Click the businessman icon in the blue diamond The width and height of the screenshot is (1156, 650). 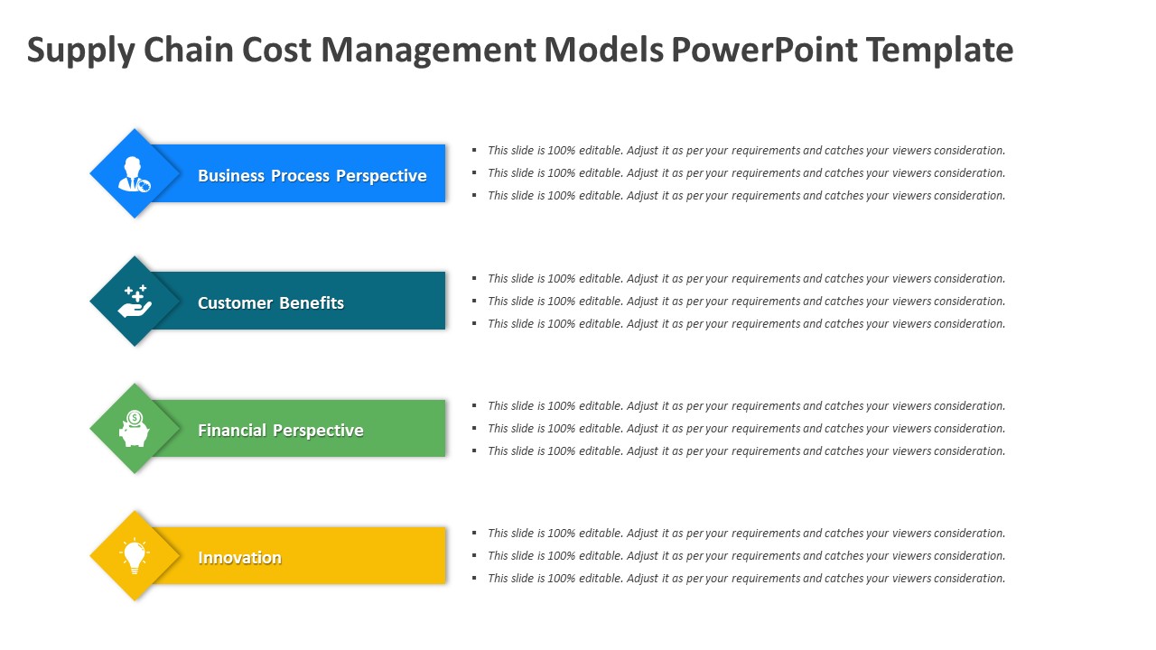tap(135, 174)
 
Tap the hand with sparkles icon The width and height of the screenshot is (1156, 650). tap(135, 302)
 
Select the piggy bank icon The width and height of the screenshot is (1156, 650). tap(135, 429)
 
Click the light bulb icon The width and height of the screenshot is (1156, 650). tap(135, 556)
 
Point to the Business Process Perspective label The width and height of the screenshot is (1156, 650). tap(312, 176)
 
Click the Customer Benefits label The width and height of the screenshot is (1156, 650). tap(271, 303)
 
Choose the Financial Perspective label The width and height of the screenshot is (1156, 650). tap(281, 431)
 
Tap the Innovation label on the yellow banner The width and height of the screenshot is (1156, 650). tap(240, 558)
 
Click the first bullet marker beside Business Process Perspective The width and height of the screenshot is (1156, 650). tap(475, 151)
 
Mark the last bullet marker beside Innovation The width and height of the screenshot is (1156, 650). tap(475, 579)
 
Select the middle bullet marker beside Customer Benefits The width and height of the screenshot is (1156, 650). tap(475, 302)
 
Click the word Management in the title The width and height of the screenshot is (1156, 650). tap(429, 50)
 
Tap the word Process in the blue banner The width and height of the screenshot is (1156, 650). tap(302, 176)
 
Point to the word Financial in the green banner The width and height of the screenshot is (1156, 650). tap(232, 431)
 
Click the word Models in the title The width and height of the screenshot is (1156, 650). tap(603, 50)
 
